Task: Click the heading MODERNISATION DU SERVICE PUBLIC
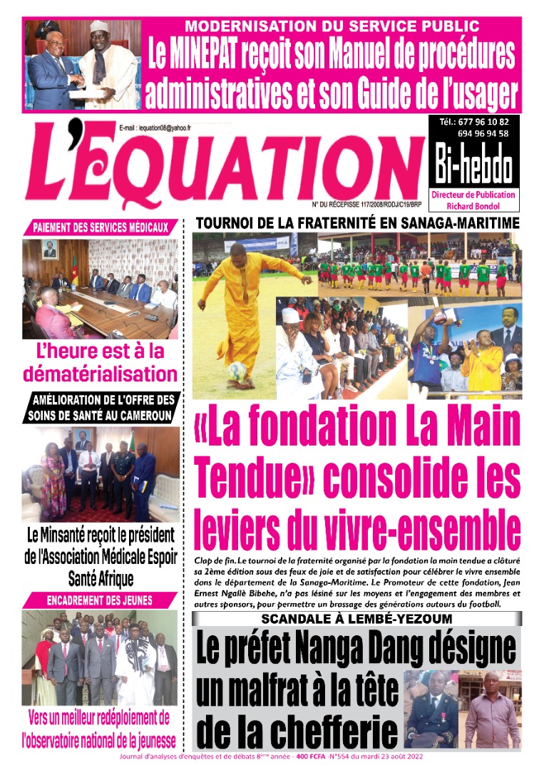[332, 27]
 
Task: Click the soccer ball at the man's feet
[237, 371]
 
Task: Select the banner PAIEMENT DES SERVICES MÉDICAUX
[100, 228]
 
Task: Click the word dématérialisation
[100, 373]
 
